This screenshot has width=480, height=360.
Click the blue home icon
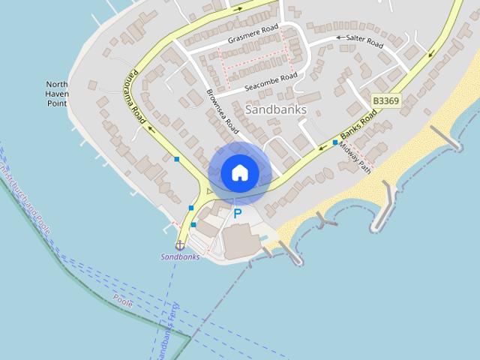[x=239, y=172]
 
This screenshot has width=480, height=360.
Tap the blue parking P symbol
[x=238, y=214]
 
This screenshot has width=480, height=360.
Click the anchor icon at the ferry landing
[x=180, y=244]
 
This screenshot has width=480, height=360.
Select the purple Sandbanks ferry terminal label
[x=181, y=256]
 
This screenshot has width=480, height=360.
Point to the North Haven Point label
[x=57, y=94]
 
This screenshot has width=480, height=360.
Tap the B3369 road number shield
[x=385, y=100]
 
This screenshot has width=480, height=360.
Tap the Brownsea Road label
[x=222, y=112]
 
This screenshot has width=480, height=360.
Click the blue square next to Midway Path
[x=334, y=142]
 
